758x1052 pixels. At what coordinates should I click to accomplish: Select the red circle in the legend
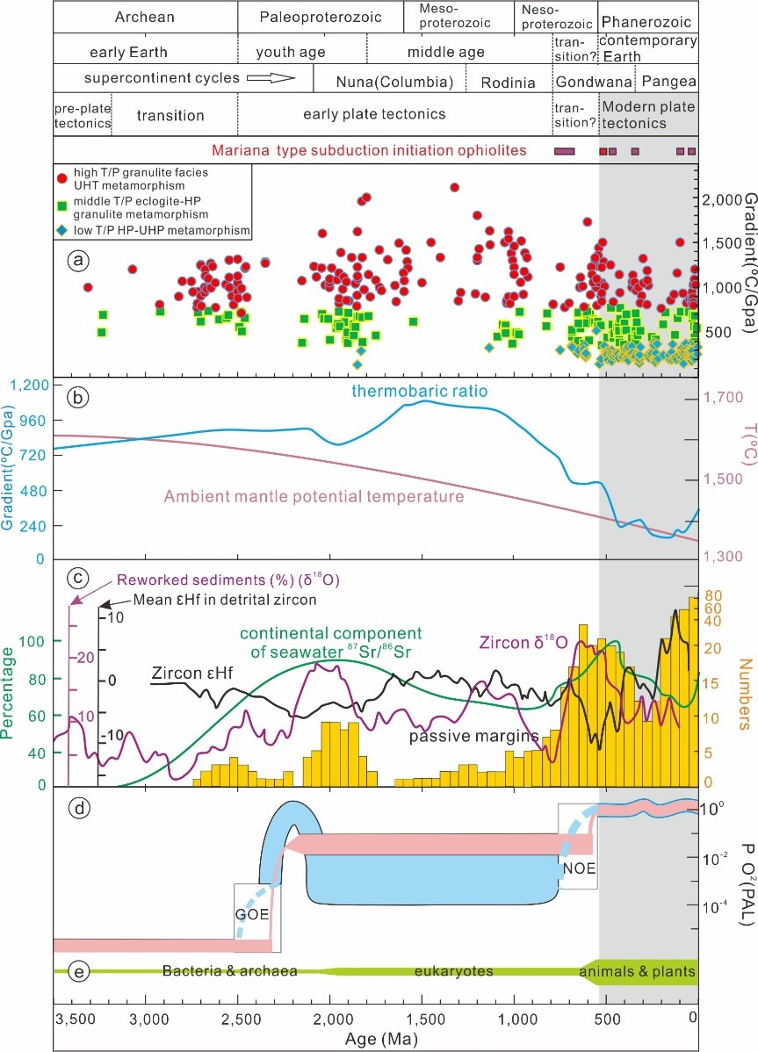click(62, 178)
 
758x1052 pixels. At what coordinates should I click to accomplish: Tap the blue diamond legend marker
click(62, 231)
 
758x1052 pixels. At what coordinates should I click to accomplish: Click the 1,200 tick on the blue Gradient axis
click(27, 387)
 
